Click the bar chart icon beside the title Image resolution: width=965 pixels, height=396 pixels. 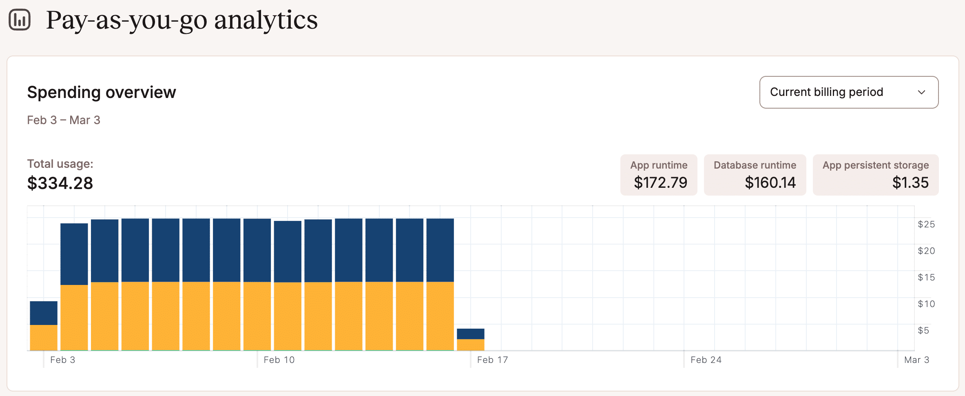click(x=20, y=20)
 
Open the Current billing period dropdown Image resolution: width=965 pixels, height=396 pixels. click(x=848, y=92)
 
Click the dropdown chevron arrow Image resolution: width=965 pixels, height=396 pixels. click(x=921, y=92)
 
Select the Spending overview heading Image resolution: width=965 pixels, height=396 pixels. click(x=102, y=92)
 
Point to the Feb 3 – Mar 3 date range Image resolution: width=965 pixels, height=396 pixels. click(x=64, y=120)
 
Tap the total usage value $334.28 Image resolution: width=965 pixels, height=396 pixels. click(x=60, y=183)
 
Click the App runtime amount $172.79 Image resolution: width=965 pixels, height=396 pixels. click(x=660, y=182)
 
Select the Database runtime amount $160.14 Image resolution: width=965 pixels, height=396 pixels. click(x=770, y=182)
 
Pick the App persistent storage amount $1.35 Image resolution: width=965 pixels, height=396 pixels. click(x=910, y=182)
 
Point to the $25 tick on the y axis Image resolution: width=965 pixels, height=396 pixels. click(x=926, y=224)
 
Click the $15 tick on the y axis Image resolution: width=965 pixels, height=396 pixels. click(x=926, y=277)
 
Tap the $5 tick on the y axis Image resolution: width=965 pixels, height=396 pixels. click(x=923, y=330)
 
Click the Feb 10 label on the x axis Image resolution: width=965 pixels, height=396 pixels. click(x=279, y=360)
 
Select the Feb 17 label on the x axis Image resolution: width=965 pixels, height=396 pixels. click(x=492, y=360)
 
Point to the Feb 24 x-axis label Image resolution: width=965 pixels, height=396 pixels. click(x=706, y=360)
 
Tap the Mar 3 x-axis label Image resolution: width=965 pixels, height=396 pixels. click(x=916, y=360)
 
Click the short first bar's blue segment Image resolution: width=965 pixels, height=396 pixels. click(x=44, y=313)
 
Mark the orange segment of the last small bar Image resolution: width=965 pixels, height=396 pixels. click(x=470, y=345)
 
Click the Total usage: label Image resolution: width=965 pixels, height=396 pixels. click(x=60, y=164)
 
